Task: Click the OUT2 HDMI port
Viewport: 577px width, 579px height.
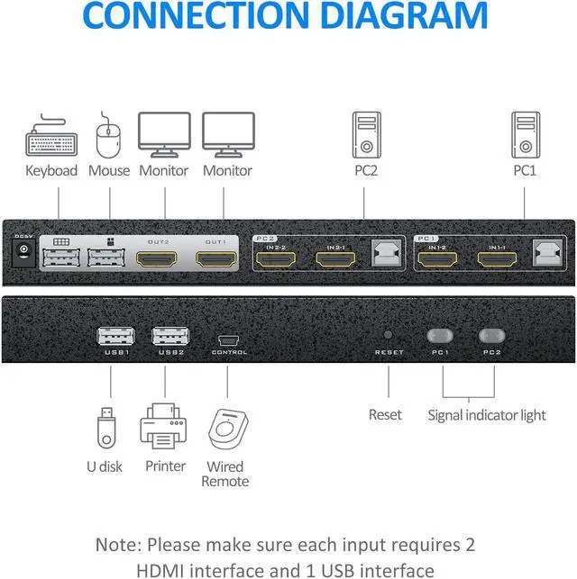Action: (158, 260)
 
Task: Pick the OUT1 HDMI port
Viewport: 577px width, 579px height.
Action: (216, 260)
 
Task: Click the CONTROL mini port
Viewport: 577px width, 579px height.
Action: (228, 340)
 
